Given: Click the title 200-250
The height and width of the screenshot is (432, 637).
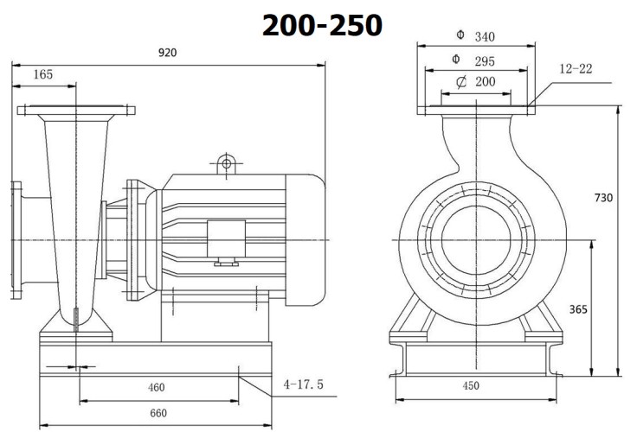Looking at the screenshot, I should [322, 25].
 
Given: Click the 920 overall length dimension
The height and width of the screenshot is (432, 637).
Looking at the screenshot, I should [167, 52].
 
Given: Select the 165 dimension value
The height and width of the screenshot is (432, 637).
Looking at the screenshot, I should [42, 75].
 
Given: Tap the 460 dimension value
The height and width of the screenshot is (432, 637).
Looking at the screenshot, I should [156, 387].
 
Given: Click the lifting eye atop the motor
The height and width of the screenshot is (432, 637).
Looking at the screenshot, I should [227, 162].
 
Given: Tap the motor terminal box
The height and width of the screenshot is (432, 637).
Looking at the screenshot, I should [227, 237].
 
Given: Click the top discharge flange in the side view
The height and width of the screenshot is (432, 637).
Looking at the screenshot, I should [76, 111].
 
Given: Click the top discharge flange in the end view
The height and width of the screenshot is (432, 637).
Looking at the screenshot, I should [474, 109].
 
